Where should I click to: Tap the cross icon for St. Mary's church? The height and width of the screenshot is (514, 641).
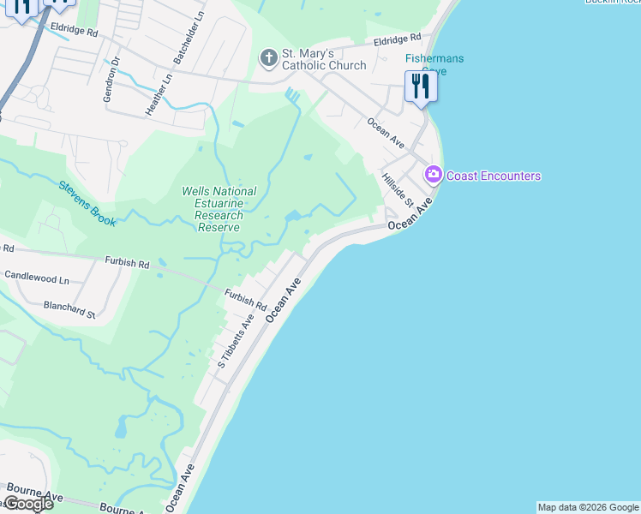pos(268,58)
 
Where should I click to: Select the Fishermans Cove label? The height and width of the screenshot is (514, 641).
pos(434,64)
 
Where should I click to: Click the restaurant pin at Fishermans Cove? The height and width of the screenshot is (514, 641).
pos(419,87)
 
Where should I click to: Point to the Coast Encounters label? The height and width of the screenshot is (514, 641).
pos(494,176)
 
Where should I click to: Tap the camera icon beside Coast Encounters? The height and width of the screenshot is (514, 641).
pos(433,175)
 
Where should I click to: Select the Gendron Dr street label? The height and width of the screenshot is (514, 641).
pos(109,81)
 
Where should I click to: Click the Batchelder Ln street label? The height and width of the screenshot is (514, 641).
pos(190,39)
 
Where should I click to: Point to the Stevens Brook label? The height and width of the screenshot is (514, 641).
pos(87,203)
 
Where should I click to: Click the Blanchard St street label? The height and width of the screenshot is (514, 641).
pos(69,309)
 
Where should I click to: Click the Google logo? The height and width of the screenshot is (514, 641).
pos(27,504)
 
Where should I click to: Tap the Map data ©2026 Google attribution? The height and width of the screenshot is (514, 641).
pos(588,507)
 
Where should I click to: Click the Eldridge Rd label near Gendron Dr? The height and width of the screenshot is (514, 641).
pos(74,30)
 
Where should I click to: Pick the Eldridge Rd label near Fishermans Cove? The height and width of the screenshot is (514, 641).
pos(398,39)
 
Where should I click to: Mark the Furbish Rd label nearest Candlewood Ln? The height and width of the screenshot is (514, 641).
pos(127,262)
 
